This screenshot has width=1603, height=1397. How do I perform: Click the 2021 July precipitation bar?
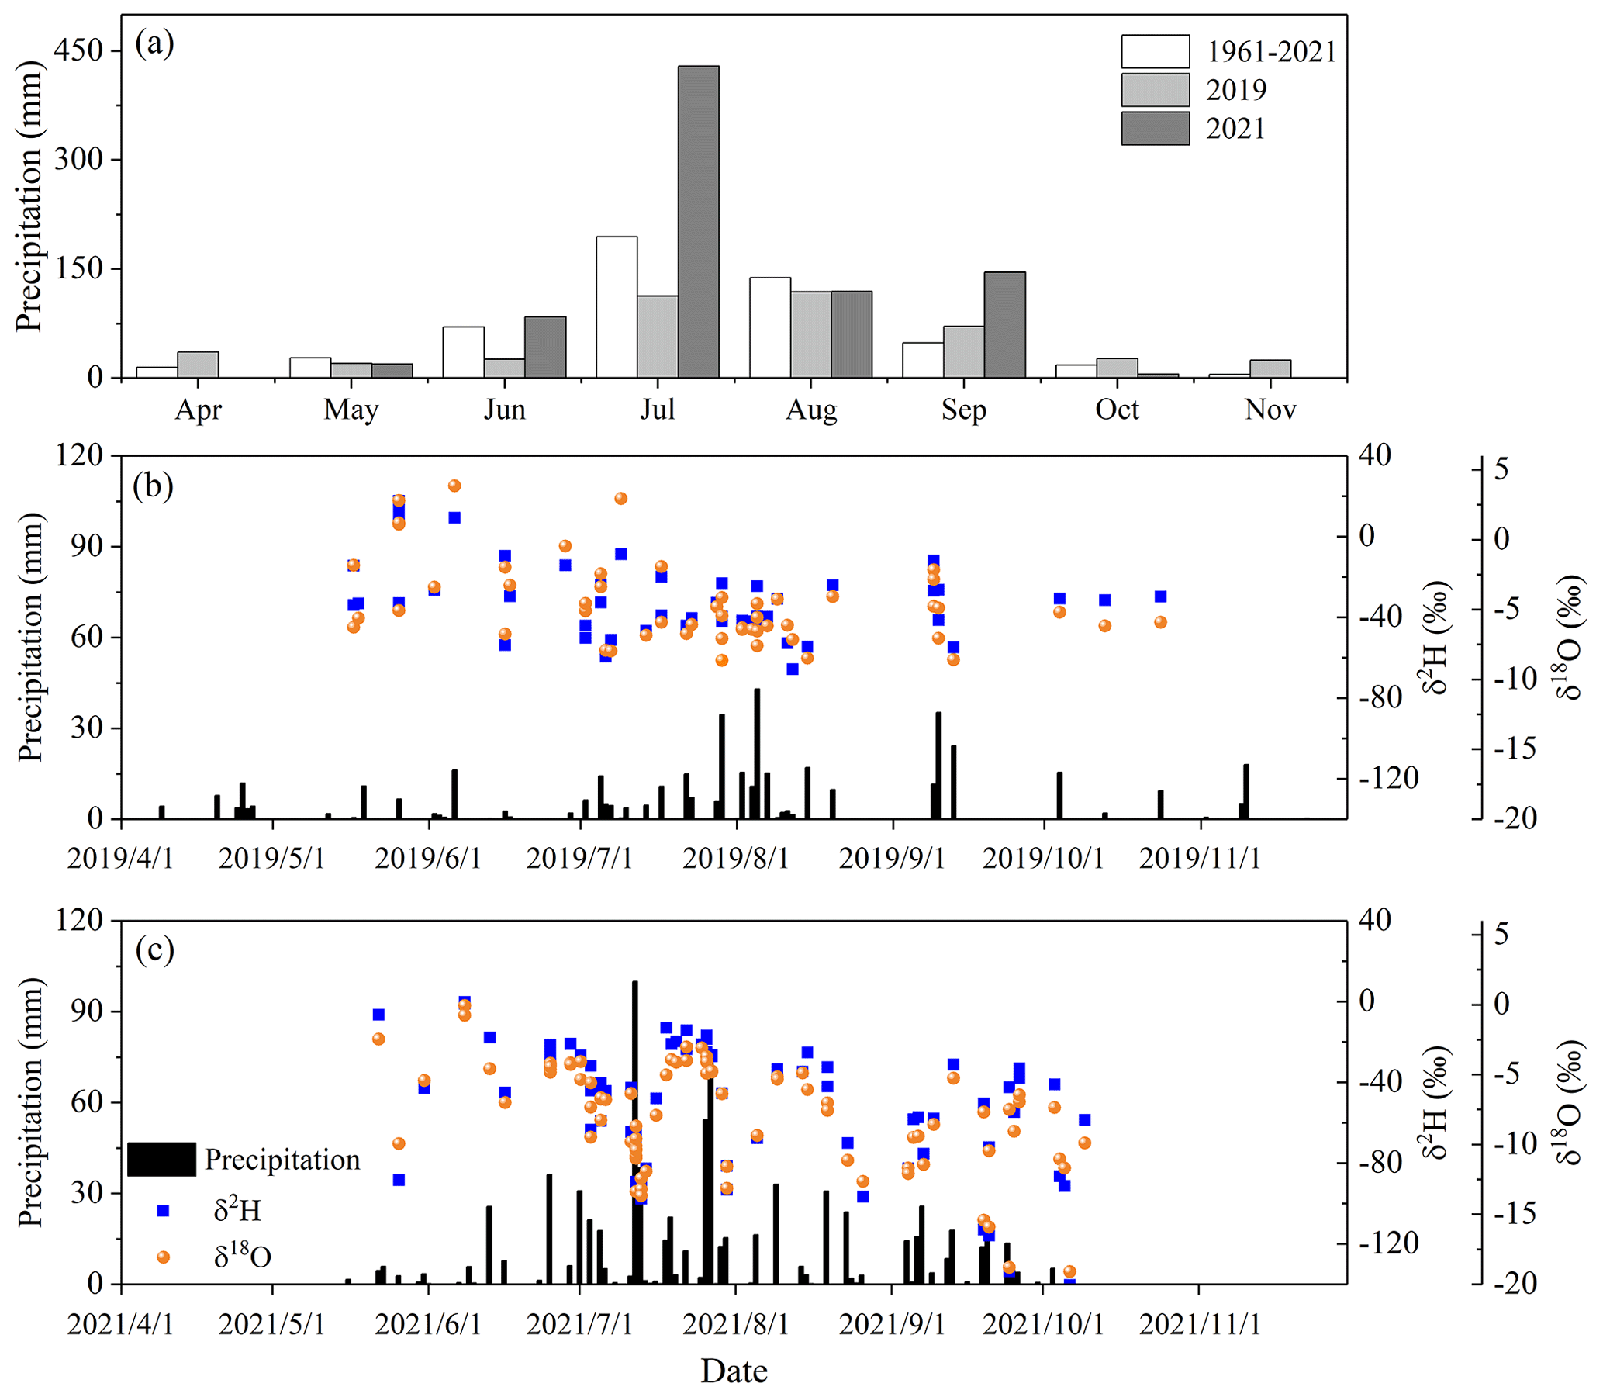pyautogui.click(x=697, y=222)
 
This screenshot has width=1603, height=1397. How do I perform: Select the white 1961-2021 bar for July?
pyautogui.click(x=617, y=307)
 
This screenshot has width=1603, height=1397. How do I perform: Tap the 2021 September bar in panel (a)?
pyautogui.click(x=1004, y=325)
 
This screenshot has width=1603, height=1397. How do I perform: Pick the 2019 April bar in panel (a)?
pyautogui.click(x=198, y=365)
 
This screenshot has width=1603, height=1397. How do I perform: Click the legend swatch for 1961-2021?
pyautogui.click(x=1155, y=51)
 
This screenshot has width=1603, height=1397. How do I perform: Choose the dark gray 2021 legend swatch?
pyautogui.click(x=1155, y=129)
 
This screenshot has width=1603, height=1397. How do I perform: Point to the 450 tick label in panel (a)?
pyautogui.click(x=78, y=50)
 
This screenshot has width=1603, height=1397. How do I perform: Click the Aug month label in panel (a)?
pyautogui.click(x=810, y=410)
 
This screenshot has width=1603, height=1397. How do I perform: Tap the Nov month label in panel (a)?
pyautogui.click(x=1270, y=410)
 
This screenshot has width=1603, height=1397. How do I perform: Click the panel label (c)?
pyautogui.click(x=154, y=949)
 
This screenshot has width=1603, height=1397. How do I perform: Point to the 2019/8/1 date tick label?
pyautogui.click(x=735, y=859)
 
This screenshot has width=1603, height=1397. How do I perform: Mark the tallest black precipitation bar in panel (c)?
pyautogui.click(x=634, y=1130)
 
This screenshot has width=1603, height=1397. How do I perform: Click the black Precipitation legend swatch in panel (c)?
pyautogui.click(x=161, y=1159)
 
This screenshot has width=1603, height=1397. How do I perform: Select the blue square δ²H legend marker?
pyautogui.click(x=163, y=1211)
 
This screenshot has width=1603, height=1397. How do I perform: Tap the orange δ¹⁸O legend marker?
pyautogui.click(x=163, y=1257)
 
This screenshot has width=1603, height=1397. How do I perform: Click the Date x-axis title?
pyautogui.click(x=734, y=1371)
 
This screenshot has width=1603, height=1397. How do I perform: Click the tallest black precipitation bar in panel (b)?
pyautogui.click(x=756, y=753)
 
